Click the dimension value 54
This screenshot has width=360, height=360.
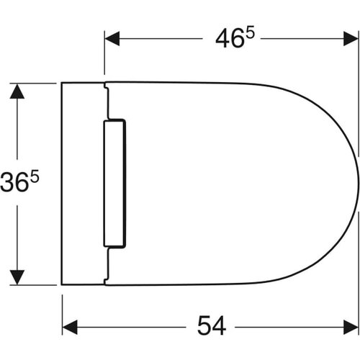pyautogui.click(x=212, y=325)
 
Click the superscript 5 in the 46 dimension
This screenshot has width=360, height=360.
pyautogui.click(x=250, y=34)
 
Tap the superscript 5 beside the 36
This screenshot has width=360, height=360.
pyautogui.click(x=35, y=177)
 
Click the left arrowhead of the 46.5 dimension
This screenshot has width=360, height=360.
pyautogui.click(x=112, y=38)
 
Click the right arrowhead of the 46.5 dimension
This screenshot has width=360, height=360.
pyautogui.click(x=351, y=38)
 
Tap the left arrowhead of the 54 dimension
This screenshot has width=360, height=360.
pyautogui.click(x=70, y=327)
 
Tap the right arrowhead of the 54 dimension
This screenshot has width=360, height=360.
pyautogui.click(x=351, y=327)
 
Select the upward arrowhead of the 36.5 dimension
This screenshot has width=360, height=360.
pyautogui.click(x=17, y=91)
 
